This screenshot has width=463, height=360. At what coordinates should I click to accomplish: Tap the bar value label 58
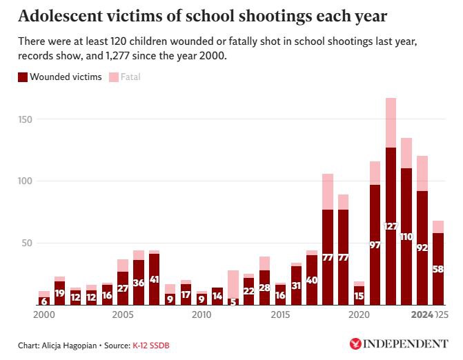click(x=438, y=269)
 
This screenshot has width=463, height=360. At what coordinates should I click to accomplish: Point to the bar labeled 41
click(x=154, y=279)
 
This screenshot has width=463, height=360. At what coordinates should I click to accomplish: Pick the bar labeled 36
click(x=139, y=282)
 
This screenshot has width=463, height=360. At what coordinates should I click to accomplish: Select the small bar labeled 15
click(x=359, y=296)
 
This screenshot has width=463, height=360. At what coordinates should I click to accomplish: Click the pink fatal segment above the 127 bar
click(x=391, y=123)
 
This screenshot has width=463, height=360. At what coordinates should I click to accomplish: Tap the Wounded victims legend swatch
click(x=23, y=77)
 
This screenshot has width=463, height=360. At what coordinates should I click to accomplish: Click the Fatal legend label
click(x=130, y=77)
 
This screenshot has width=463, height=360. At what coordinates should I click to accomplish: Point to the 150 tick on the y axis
click(x=26, y=119)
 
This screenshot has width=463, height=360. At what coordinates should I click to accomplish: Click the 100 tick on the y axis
click(x=26, y=181)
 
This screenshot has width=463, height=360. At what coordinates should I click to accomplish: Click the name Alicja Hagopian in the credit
click(x=71, y=344)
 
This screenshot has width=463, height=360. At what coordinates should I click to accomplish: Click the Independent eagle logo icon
click(x=357, y=343)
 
